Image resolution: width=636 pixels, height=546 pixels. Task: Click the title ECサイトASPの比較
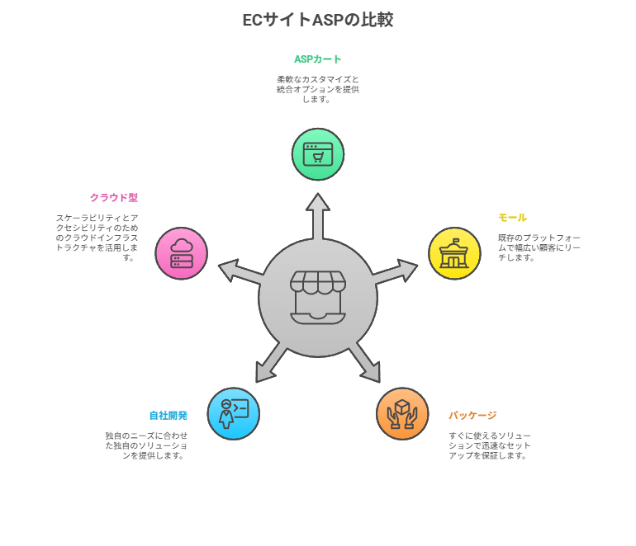[318, 20]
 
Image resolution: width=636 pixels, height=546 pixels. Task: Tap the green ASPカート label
[318, 59]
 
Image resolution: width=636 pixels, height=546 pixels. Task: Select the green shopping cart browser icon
[318, 154]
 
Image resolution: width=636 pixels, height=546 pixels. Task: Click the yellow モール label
[512, 218]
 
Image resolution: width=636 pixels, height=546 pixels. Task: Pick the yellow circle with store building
[454, 253]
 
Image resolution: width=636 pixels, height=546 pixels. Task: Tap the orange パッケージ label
[472, 415]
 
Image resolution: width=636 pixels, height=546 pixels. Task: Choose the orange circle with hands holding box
[402, 413]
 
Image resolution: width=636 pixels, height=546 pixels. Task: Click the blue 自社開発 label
[168, 415]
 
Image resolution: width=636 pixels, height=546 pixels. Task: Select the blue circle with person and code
[233, 413]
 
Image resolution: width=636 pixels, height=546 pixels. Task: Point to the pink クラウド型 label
[114, 198]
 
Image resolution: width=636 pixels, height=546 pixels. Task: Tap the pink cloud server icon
[182, 253]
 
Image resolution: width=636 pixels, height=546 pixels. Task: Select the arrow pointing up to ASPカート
[318, 216]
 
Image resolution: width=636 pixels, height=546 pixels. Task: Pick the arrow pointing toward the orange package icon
[364, 362]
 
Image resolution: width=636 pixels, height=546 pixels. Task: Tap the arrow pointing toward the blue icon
[271, 362]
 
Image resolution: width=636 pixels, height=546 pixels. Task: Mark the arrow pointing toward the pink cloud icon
[240, 272]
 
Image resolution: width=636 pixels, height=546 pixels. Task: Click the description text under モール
[539, 247]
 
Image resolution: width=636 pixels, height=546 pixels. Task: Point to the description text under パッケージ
[489, 445]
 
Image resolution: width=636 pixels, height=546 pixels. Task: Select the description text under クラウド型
[97, 238]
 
